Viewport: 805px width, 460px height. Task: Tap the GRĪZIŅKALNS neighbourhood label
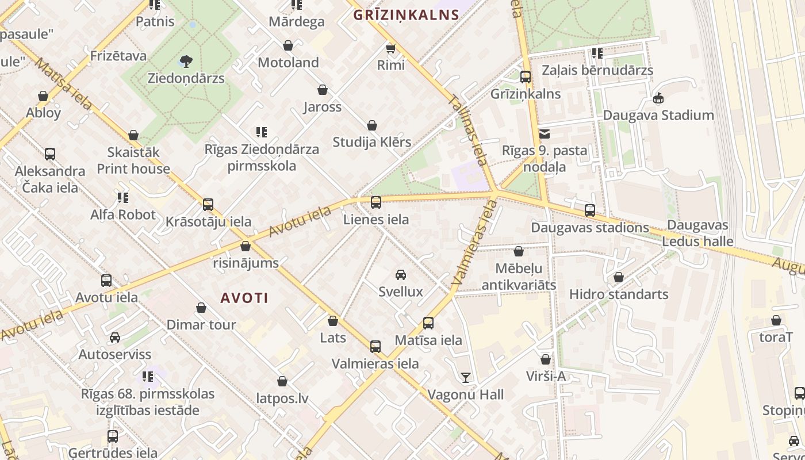(x=406, y=15)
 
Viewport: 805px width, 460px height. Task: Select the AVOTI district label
(x=245, y=298)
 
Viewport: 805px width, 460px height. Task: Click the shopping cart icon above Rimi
(x=391, y=48)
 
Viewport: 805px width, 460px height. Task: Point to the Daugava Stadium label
(x=658, y=115)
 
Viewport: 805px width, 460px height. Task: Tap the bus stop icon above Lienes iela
(x=375, y=202)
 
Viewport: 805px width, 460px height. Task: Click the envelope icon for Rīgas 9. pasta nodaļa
(x=545, y=135)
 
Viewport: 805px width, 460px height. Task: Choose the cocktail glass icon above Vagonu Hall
(x=465, y=378)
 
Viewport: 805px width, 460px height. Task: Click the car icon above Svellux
(x=401, y=275)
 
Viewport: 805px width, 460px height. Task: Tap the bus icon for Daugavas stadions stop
(x=590, y=210)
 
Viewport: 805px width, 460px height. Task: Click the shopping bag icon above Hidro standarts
(x=619, y=278)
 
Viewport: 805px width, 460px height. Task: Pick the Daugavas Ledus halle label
(x=697, y=233)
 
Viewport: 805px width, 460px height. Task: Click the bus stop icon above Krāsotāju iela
(x=208, y=205)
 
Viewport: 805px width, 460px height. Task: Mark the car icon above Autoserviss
(x=115, y=338)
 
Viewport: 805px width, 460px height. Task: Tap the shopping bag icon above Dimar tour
(x=201, y=308)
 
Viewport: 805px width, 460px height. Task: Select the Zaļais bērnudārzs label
(x=598, y=70)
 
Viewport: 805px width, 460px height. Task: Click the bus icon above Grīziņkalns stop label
(x=525, y=77)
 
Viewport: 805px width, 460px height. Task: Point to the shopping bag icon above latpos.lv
(x=282, y=381)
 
